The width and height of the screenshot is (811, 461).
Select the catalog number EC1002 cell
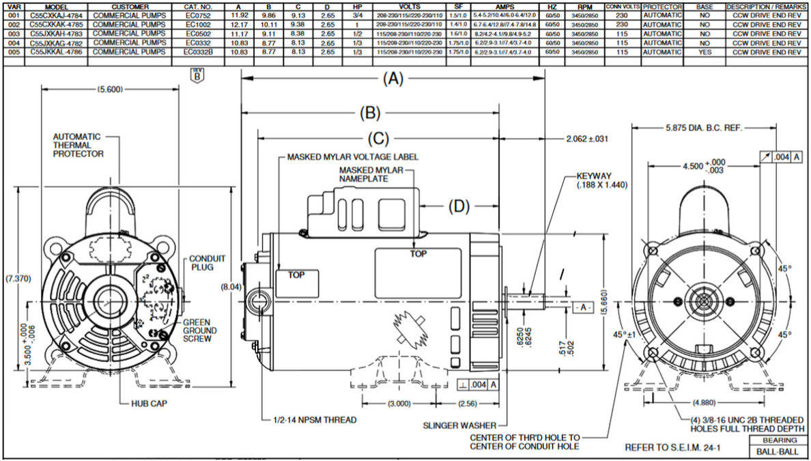tap(198, 24)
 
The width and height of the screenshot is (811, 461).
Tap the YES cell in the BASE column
tap(705, 51)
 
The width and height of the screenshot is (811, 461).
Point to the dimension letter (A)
tap(392, 79)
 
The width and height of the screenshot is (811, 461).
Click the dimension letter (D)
tap(459, 206)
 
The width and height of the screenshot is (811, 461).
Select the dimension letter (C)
tap(378, 139)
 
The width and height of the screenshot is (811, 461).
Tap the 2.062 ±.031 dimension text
tap(587, 139)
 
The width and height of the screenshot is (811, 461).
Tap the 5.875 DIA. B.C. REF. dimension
tap(704, 127)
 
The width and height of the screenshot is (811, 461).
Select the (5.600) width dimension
tap(110, 89)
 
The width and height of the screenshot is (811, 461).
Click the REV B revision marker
tap(199, 75)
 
